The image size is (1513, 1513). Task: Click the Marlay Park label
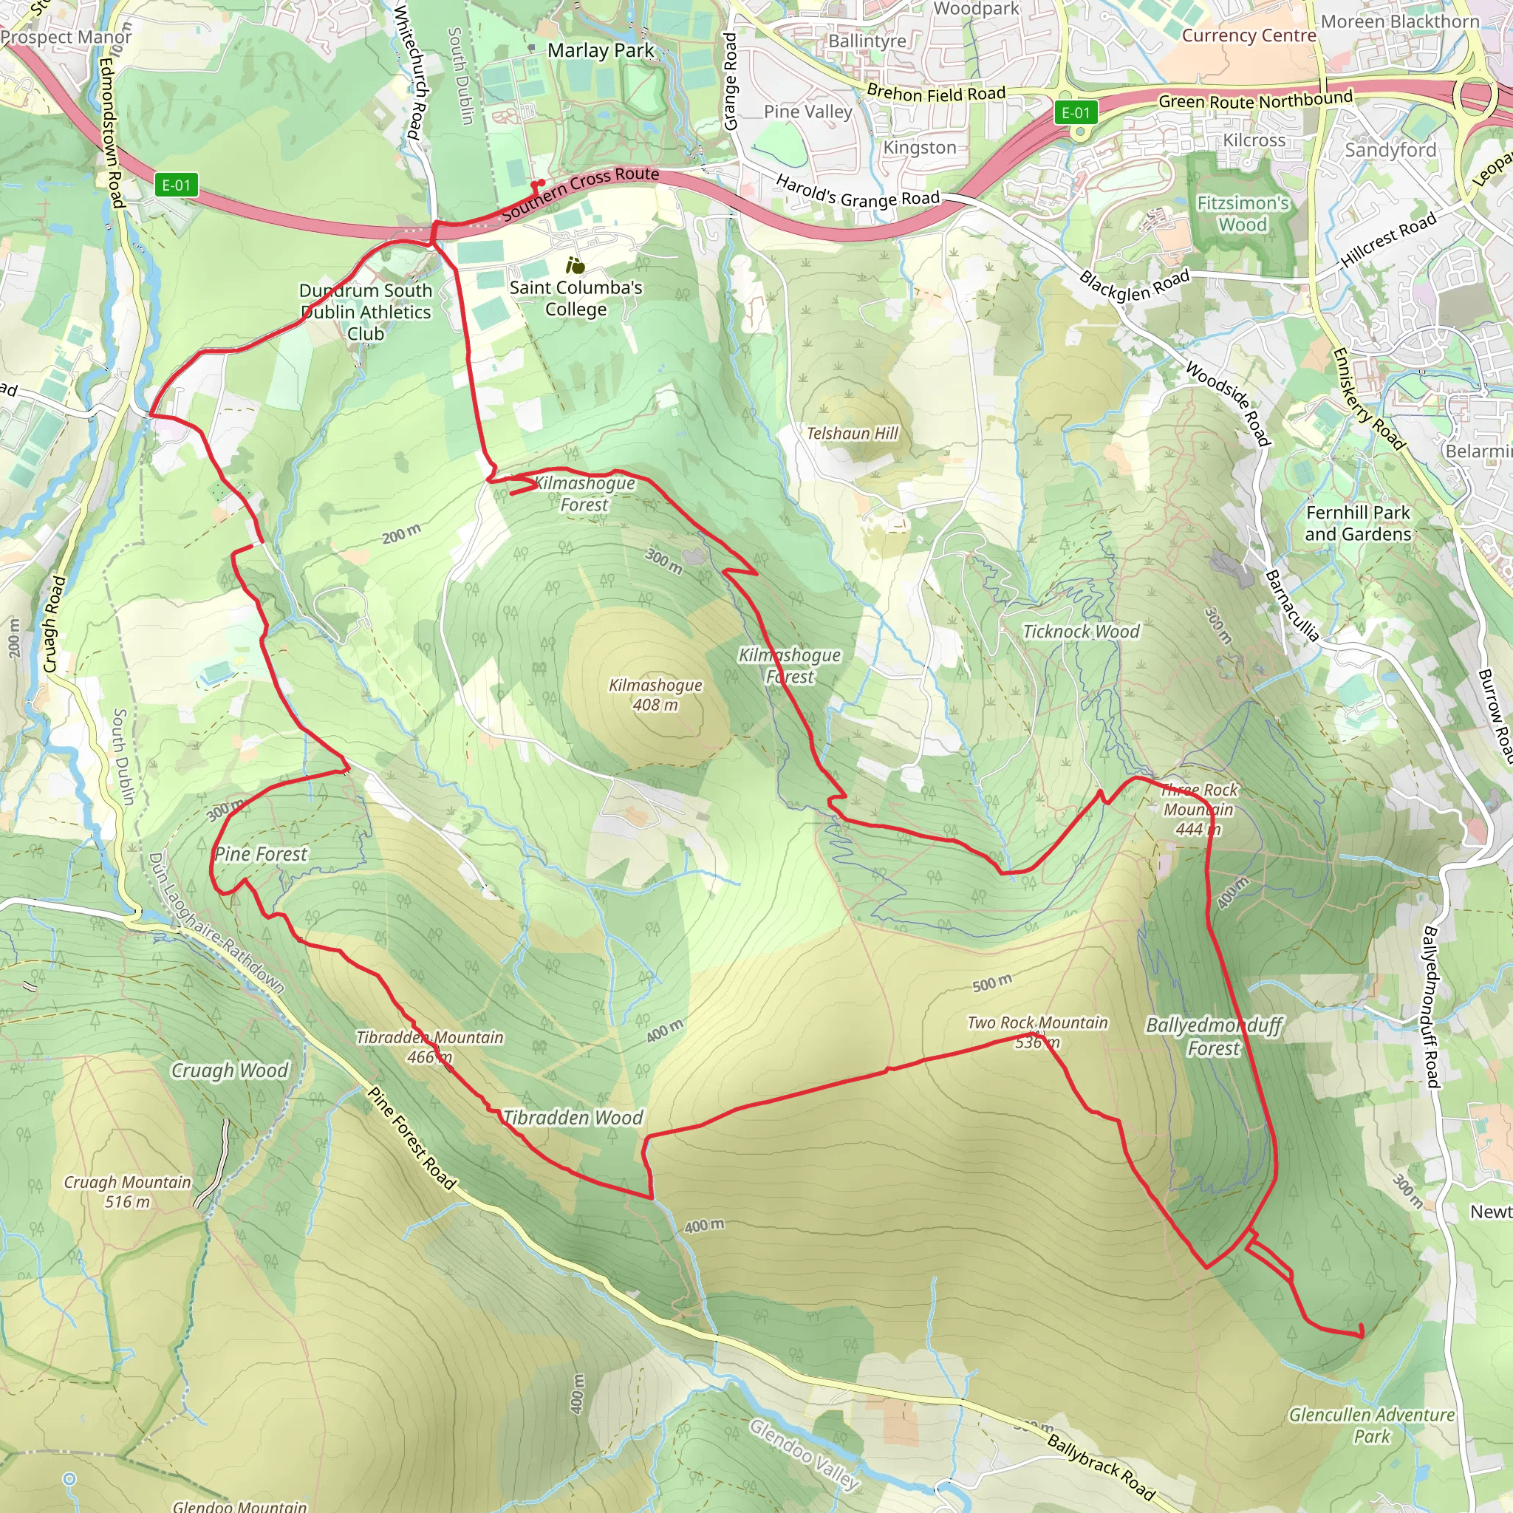600,51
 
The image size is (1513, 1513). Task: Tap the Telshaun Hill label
852,433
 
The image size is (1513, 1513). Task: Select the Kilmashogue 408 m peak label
655,694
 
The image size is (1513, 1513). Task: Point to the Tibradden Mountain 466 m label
429,1047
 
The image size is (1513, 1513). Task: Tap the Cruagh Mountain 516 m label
127,1191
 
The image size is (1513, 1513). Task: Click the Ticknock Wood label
1081,631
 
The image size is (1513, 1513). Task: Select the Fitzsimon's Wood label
1242,214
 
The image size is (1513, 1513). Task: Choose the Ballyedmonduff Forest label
1213,1036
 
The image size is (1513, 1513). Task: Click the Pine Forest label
261,853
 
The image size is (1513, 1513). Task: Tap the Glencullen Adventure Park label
1371,1425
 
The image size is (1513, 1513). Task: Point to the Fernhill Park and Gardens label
1357,523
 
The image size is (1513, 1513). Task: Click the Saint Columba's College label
576,298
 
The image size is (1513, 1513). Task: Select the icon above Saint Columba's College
576,265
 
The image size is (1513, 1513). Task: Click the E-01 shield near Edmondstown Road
177,185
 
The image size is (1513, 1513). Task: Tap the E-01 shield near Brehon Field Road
1075,113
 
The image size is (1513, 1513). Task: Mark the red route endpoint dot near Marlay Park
541,183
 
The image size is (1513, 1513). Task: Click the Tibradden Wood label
573,1118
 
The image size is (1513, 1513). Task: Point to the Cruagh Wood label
230,1070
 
